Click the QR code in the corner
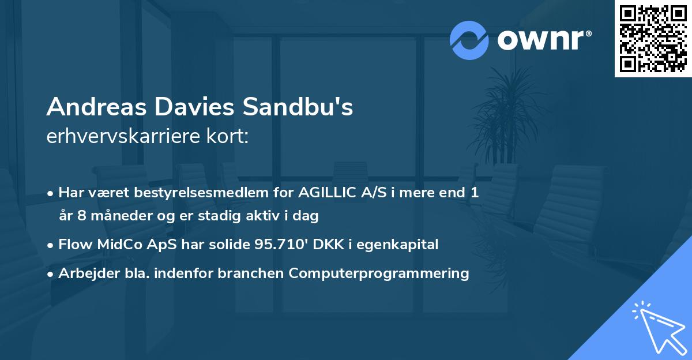(x=653, y=38)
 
